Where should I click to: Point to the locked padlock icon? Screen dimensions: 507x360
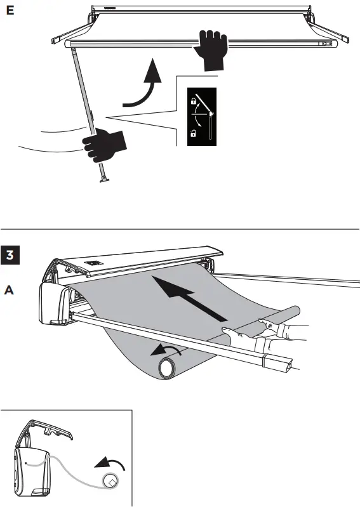click(192, 101)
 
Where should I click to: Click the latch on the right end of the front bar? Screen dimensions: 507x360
click(325, 44)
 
